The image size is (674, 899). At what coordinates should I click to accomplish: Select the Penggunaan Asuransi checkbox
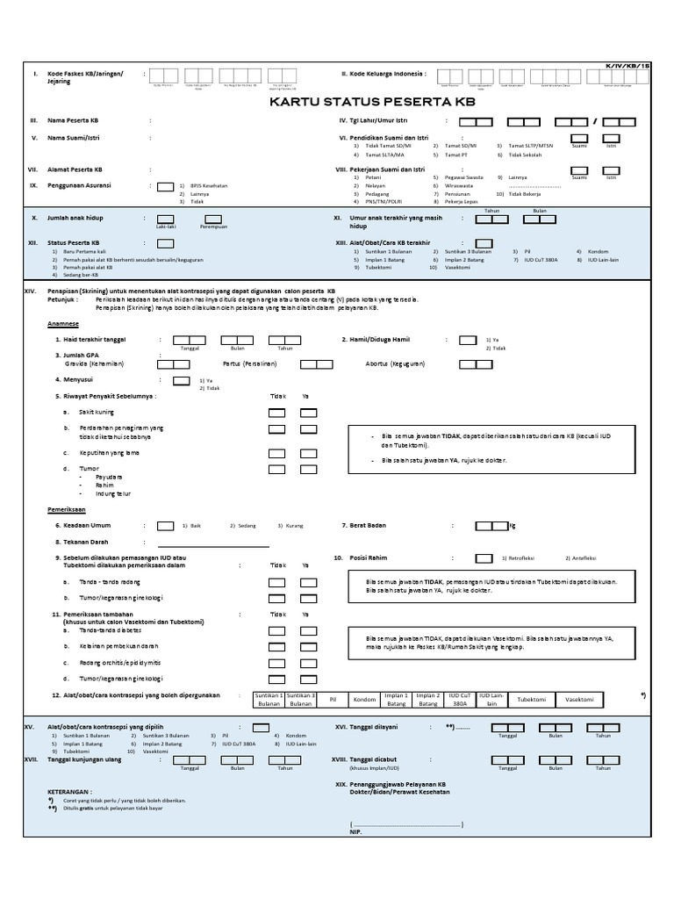click(164, 186)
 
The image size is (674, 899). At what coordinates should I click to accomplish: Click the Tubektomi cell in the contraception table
click(532, 699)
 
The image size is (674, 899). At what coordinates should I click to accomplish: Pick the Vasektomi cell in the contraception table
click(580, 699)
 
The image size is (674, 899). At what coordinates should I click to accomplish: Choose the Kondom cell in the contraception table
click(364, 699)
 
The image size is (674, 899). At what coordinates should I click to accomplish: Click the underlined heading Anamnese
click(62, 323)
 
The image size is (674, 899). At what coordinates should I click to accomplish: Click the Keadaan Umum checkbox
click(165, 526)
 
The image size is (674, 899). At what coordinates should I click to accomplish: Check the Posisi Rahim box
click(484, 557)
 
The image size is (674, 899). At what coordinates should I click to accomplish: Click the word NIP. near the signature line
click(355, 830)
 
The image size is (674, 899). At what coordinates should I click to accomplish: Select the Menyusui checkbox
click(181, 380)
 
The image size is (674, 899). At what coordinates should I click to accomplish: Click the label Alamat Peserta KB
click(75, 169)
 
